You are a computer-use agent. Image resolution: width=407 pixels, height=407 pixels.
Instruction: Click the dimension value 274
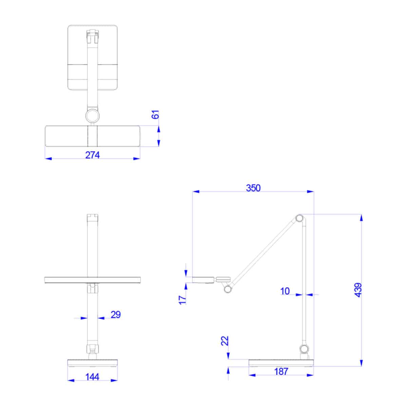(93, 155)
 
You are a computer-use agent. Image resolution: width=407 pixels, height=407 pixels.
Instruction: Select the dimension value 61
(155, 115)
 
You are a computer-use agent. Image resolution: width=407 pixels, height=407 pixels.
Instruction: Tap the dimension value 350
(253, 188)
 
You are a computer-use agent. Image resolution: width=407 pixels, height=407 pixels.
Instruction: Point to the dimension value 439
(358, 290)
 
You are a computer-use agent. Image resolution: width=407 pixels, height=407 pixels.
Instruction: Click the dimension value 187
(281, 371)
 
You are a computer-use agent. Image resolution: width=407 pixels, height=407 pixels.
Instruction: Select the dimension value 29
(116, 315)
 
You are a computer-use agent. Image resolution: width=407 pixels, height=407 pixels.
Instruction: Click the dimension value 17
(183, 299)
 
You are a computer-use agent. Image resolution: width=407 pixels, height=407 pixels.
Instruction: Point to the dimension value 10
(285, 291)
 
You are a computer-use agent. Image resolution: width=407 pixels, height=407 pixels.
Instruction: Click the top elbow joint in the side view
(299, 218)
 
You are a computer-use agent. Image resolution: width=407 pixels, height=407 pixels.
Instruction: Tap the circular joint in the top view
(92, 116)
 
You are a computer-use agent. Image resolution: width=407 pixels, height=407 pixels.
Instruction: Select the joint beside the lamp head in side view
(227, 289)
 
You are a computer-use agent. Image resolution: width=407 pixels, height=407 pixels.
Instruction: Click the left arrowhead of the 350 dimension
(195, 192)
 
